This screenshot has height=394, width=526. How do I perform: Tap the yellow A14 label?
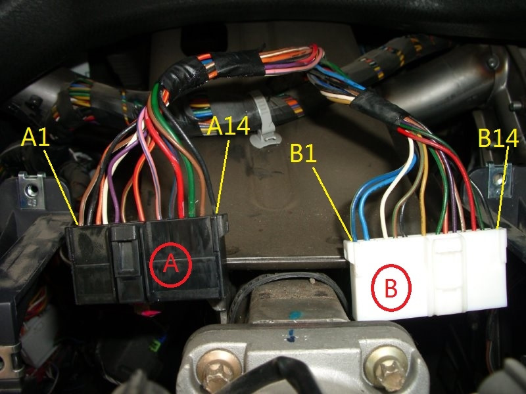229,125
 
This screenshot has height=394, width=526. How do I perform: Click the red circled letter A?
170,264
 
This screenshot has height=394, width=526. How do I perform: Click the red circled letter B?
390,288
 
